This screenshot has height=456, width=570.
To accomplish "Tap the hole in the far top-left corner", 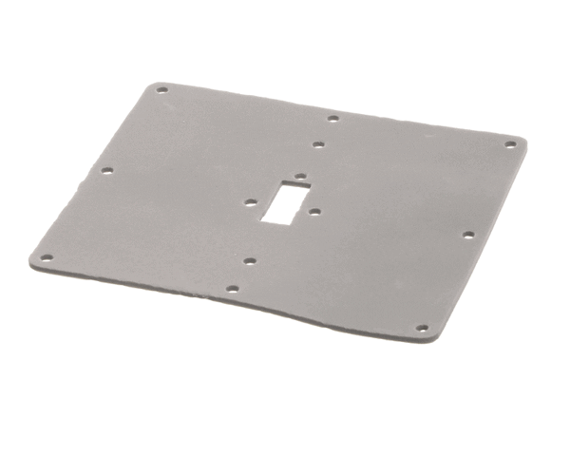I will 161,91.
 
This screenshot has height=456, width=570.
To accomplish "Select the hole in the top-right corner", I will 510,144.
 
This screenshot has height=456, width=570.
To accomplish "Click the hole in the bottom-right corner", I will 423,329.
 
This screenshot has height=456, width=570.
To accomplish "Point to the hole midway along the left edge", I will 106,171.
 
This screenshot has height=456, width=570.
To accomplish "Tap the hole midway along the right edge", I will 467,234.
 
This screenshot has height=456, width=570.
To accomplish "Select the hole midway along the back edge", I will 332,119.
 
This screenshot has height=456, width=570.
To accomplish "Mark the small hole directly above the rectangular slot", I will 299,177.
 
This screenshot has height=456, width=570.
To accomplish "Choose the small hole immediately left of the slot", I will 249,202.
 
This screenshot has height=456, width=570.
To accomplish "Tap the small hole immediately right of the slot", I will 314,212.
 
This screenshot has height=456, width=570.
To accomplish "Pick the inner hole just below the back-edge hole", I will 318,145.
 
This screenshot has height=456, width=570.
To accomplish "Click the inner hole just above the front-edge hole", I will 249,260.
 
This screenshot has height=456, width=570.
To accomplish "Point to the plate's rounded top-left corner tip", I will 155,84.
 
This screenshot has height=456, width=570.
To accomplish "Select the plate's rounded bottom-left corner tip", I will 32,255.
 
